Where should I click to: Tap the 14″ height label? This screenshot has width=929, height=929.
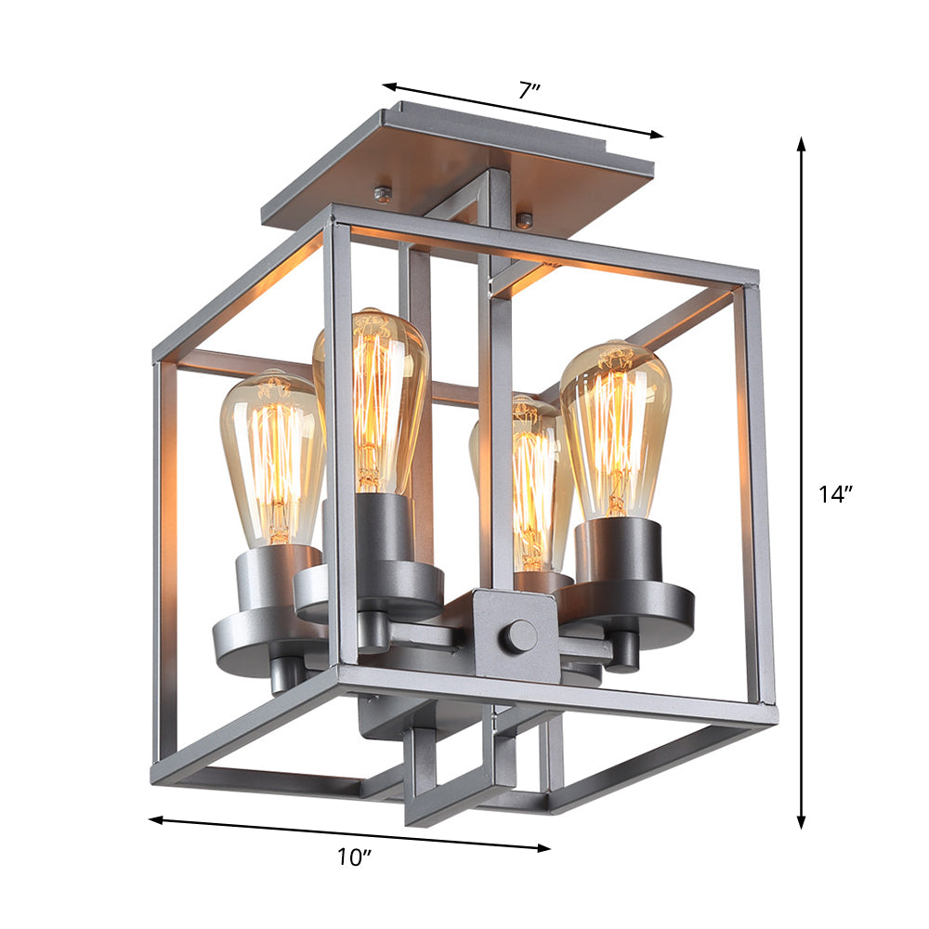pos(835,495)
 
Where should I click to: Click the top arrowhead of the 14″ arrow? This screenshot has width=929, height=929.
pos(801,142)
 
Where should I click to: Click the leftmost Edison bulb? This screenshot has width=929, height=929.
pos(271,455)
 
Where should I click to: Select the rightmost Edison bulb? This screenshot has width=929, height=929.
pos(616,427)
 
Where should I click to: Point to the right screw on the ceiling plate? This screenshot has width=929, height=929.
pos(525,220)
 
